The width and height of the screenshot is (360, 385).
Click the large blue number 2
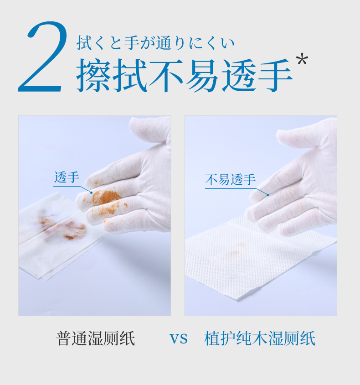[x=43, y=57]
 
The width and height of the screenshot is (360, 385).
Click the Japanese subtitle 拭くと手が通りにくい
[x=155, y=43]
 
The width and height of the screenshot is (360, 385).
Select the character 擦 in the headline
[x=93, y=75]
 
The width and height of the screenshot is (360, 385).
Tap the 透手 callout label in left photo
[x=67, y=177]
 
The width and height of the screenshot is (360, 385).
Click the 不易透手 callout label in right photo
[x=230, y=179]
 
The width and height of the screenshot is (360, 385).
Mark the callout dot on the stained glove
[x=92, y=192]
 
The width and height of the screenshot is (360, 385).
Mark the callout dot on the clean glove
[x=268, y=195]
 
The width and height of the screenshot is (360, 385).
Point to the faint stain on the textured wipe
[x=236, y=252]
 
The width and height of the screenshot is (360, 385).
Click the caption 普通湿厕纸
[x=96, y=338]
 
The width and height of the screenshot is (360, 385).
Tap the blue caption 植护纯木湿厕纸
[x=260, y=338]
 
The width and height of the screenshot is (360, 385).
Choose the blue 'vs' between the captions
[x=179, y=339]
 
